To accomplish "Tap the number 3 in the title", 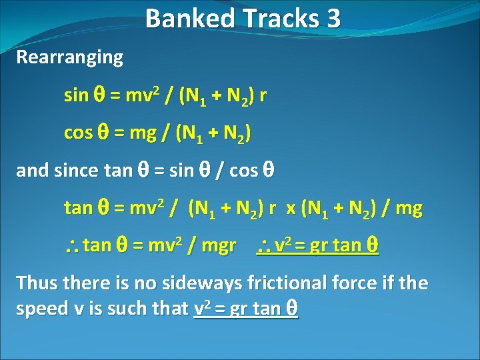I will [333, 18].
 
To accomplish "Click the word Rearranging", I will [70, 57].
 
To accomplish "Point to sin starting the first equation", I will [76, 95].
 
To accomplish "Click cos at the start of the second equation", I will [77, 133].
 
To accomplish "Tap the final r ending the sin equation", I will [263, 95].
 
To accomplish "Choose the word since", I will [73, 170].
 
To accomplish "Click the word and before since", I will [30, 170].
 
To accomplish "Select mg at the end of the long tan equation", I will [409, 209].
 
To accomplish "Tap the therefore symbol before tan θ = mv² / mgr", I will [71, 247].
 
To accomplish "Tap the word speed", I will [39, 308].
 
